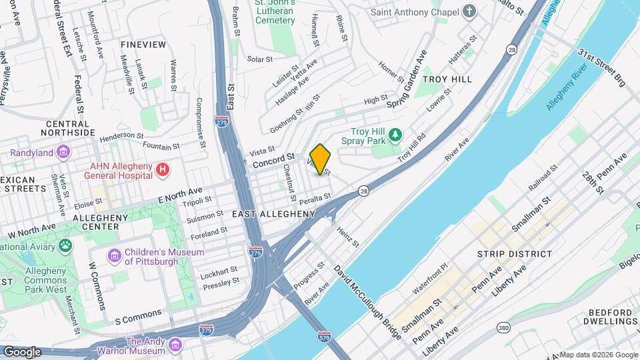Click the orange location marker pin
pos(321,159)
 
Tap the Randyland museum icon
pos(63,153)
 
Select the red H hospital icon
pos(162,171)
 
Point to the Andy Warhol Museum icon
pos(175,345)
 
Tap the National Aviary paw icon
pos(65,247)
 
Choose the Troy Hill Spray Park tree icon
pos(395,135)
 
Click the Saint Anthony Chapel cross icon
pos(470,11)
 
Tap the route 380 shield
pos(504,327)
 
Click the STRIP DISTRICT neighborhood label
pos(515,254)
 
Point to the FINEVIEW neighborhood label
pos(143,44)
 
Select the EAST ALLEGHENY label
pos(273,214)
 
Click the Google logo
pos(22,351)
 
